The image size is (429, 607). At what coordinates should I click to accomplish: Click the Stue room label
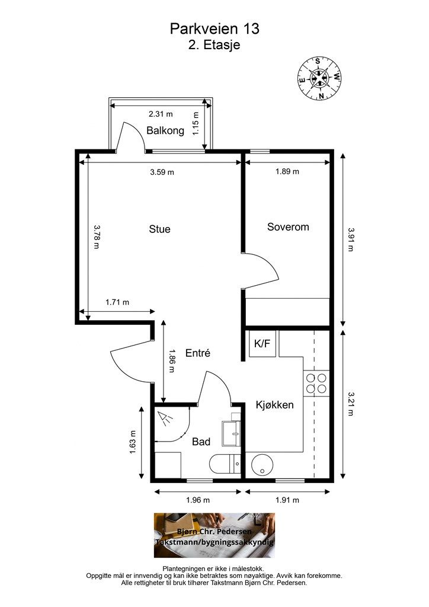pyautogui.click(x=159, y=229)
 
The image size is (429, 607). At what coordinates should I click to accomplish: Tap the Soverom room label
pyautogui.click(x=288, y=227)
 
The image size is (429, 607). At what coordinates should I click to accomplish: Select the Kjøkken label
pyautogui.click(x=275, y=405)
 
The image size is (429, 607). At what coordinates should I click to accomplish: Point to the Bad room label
pyautogui.click(x=201, y=442)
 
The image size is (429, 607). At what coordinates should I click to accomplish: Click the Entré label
pyautogui.click(x=198, y=353)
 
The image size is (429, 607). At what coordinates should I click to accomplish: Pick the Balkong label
pyautogui.click(x=165, y=130)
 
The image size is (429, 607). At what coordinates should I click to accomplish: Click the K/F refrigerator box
pyautogui.click(x=262, y=343)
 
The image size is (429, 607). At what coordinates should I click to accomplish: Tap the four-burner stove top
pyautogui.click(x=316, y=383)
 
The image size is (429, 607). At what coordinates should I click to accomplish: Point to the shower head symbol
pyautogui.click(x=165, y=418)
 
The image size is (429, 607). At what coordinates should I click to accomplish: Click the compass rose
pyautogui.click(x=319, y=79)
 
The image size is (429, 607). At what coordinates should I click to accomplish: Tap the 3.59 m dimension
pyautogui.click(x=162, y=172)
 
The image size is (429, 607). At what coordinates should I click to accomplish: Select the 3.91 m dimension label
pyautogui.click(x=350, y=239)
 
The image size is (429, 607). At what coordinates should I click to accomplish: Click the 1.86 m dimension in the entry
pyautogui.click(x=172, y=361)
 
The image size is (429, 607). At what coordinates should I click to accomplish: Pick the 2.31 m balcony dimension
pyautogui.click(x=161, y=114)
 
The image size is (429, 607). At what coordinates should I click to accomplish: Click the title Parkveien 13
pyautogui.click(x=214, y=28)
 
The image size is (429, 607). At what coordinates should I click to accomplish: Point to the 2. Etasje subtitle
pyautogui.click(x=214, y=45)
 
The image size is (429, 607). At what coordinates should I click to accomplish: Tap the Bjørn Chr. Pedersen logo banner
pyautogui.click(x=214, y=535)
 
